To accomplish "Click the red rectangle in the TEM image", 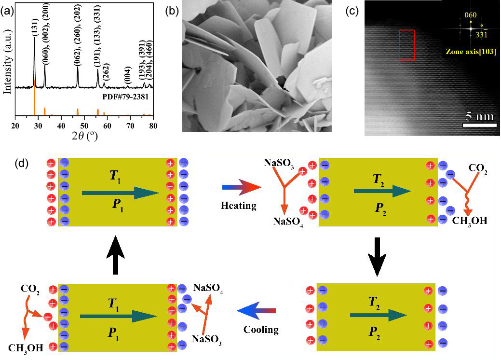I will click(x=406, y=44).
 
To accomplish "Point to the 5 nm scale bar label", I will click(x=479, y=117).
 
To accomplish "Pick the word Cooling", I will click(x=261, y=330).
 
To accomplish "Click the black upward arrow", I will click(x=114, y=255).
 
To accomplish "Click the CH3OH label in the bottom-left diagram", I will click(x=26, y=347).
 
